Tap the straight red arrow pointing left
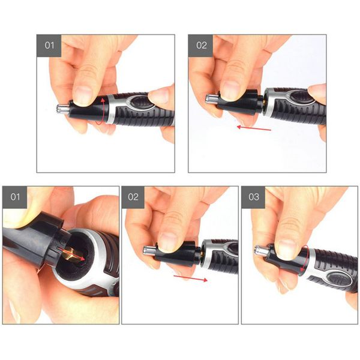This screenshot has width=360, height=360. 253,127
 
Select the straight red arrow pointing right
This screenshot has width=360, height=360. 191,278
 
